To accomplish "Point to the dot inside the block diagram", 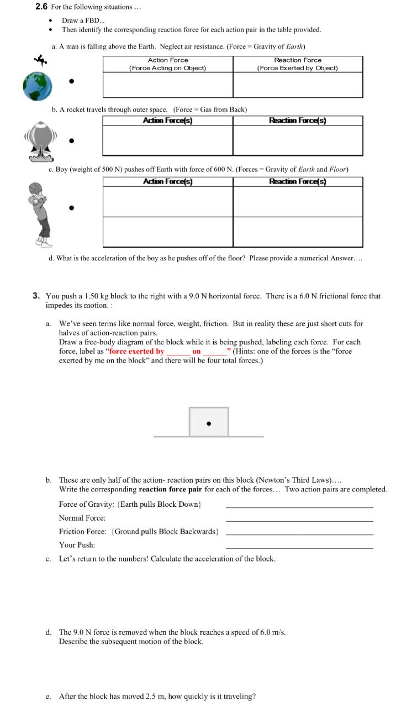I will pos(208,424).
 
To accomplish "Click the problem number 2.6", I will pos(41,7).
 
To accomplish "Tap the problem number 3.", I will pos(36,296).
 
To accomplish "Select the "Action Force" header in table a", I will pos(168,60).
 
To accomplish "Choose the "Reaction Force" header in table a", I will pos(298,60).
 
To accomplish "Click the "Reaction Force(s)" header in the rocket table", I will pos(298,120).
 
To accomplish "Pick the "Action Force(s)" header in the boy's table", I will pos(167,181).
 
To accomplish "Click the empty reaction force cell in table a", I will pos(298,85).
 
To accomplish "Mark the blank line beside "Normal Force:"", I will pos(299,520).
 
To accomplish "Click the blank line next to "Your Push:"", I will pos(299,547).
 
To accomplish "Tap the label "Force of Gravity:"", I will pos(82,504).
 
